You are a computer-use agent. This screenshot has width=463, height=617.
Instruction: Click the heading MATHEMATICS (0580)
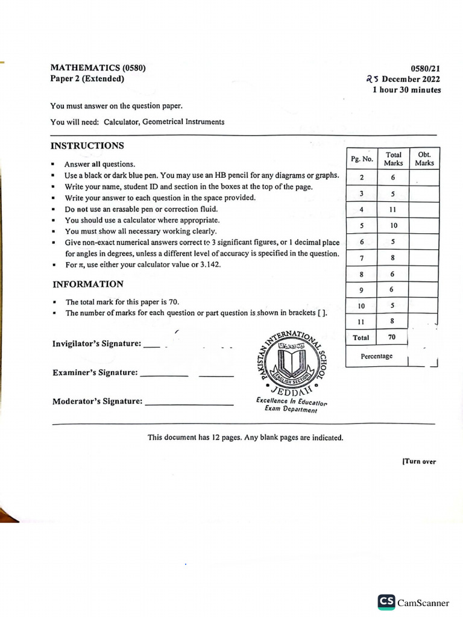98,68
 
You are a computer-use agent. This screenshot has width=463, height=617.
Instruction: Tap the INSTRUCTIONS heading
87,146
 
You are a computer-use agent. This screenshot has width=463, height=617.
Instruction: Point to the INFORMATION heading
87,284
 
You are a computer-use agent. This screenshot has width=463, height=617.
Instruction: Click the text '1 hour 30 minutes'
406,90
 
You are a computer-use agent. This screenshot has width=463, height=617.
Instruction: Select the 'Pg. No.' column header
362,160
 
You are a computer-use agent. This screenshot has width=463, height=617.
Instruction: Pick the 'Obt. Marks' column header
424,159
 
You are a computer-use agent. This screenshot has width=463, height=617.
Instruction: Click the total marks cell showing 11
392,210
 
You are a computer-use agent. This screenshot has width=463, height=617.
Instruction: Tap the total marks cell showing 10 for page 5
392,225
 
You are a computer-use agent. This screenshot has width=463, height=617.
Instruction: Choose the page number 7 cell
362,258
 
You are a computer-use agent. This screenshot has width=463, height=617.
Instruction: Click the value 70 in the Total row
392,337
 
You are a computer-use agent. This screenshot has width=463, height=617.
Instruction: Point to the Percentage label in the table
376,356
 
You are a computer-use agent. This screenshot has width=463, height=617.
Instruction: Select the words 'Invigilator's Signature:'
97,344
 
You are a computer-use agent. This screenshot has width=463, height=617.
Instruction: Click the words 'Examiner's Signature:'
95,373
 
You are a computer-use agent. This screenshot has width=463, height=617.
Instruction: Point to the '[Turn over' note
418,462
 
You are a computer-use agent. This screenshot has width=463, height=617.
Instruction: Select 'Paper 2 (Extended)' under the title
87,79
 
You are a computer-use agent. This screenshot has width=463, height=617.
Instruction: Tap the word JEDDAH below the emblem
292,391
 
